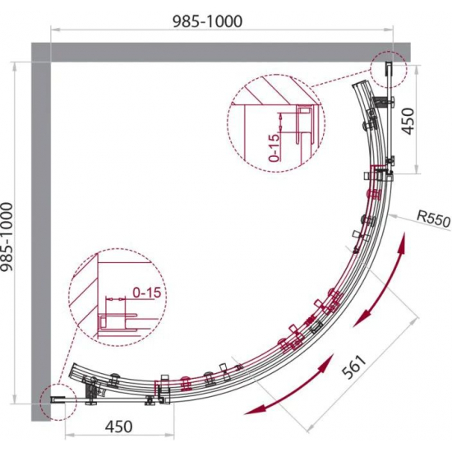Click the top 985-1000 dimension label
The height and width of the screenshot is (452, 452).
207,21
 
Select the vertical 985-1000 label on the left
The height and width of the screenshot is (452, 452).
7,237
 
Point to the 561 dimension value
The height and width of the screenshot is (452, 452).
353,367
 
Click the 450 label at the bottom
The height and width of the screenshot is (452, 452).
119,427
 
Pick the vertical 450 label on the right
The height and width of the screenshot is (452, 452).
408,121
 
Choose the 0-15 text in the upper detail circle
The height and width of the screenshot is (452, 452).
274,147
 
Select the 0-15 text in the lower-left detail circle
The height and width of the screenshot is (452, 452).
146,293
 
